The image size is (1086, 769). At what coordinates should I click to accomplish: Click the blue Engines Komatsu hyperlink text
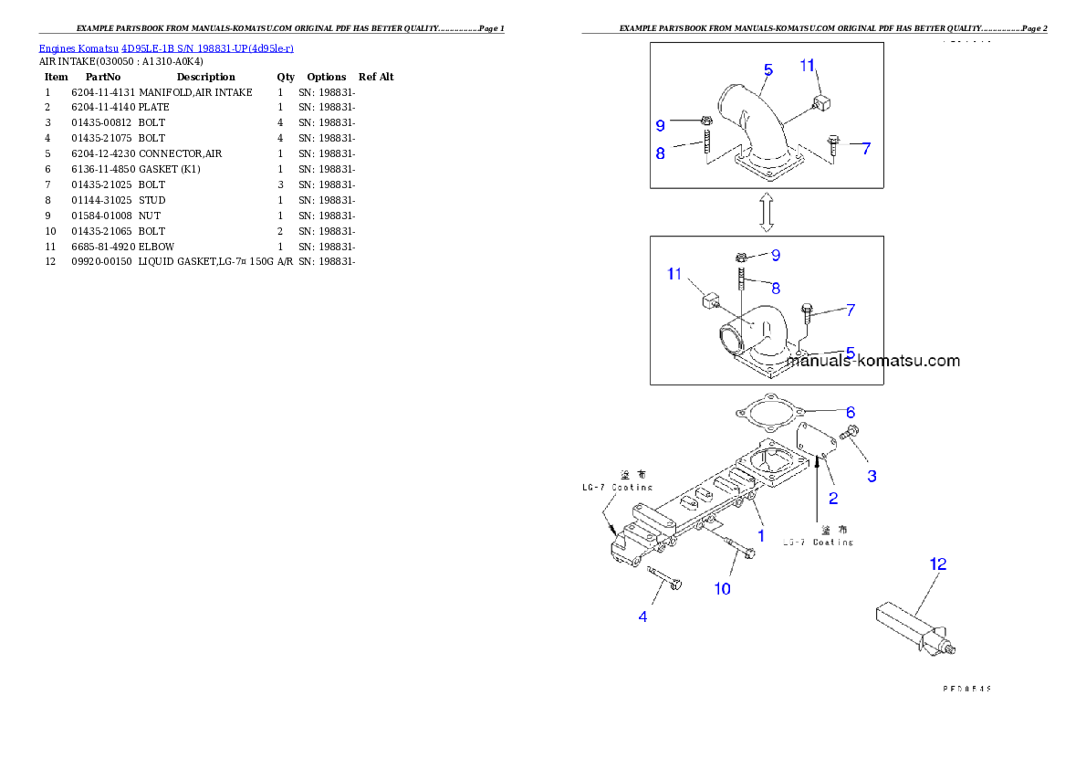click(x=166, y=47)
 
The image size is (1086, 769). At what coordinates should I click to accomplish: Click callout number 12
click(x=938, y=564)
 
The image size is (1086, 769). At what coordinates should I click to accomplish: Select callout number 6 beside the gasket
click(x=850, y=412)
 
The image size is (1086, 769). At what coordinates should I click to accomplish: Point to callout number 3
click(x=872, y=476)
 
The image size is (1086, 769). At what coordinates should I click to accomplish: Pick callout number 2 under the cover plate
click(x=832, y=499)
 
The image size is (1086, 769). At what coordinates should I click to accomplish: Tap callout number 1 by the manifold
click(x=759, y=533)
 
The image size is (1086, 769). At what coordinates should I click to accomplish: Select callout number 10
click(x=722, y=589)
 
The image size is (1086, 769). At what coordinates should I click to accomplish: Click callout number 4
click(x=642, y=617)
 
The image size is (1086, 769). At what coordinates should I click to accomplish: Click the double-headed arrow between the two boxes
click(x=767, y=213)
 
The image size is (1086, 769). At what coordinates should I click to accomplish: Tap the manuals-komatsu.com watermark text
click(x=873, y=361)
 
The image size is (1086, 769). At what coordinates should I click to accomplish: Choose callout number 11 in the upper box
click(x=807, y=65)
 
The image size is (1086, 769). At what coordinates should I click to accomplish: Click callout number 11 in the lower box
click(x=674, y=273)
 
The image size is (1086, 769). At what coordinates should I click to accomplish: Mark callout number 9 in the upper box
click(x=660, y=124)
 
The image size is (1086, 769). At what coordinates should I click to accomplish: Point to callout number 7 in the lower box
click(x=850, y=310)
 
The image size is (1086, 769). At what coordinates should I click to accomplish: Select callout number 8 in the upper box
click(x=660, y=153)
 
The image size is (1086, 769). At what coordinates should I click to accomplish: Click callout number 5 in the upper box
click(x=768, y=69)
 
